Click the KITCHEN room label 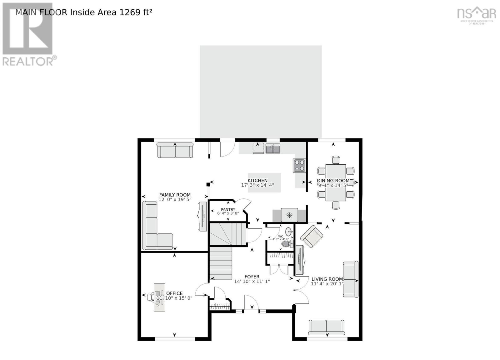point(257,180)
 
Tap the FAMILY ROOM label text point(175,195)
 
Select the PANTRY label point(228,209)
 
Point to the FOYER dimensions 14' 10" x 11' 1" point(252,281)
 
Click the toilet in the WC point(286,243)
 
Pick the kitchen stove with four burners point(299,166)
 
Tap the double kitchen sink point(273,149)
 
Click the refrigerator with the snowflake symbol point(289,215)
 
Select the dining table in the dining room point(336,182)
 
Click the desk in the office point(159,297)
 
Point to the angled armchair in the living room point(312,236)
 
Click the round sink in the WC point(288,232)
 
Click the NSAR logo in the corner point(476,15)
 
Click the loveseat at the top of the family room point(175,150)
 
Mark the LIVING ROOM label point(327,279)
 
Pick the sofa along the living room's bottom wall point(326,327)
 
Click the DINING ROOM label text point(333,180)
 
